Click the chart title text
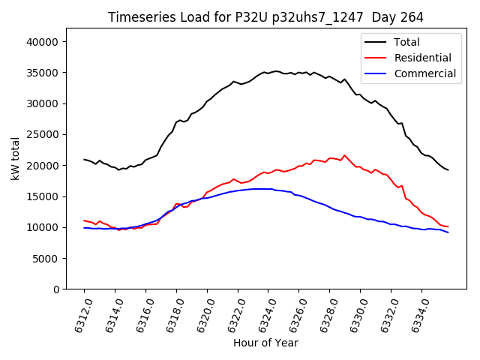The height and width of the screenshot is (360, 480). (265, 17)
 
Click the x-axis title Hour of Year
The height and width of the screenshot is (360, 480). (265, 343)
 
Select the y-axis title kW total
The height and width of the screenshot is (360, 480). (15, 158)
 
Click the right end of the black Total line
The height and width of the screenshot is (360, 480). (448, 170)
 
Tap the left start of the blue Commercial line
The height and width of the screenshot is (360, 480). (84, 228)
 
